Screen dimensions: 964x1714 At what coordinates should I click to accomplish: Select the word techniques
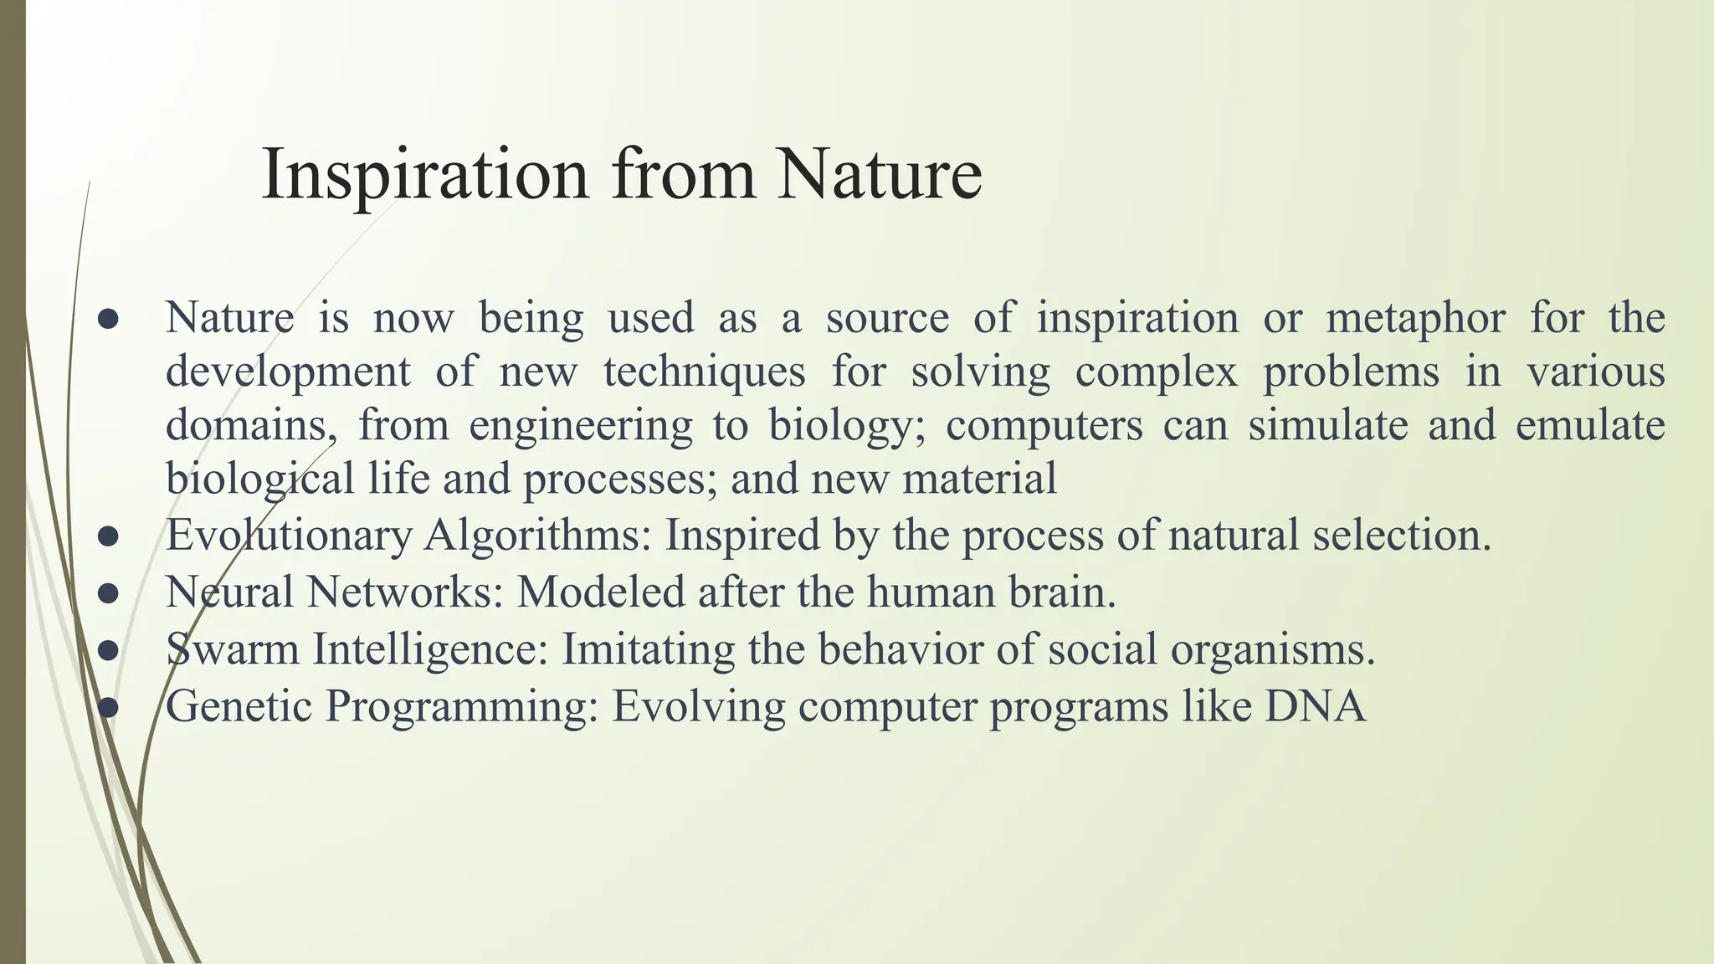(x=704, y=372)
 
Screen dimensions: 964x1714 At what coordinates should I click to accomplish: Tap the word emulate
(x=1589, y=425)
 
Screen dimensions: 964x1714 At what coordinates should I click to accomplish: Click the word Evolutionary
(x=289, y=536)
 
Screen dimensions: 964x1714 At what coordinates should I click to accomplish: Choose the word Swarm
(x=233, y=649)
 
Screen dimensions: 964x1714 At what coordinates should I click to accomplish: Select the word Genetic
(x=239, y=705)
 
